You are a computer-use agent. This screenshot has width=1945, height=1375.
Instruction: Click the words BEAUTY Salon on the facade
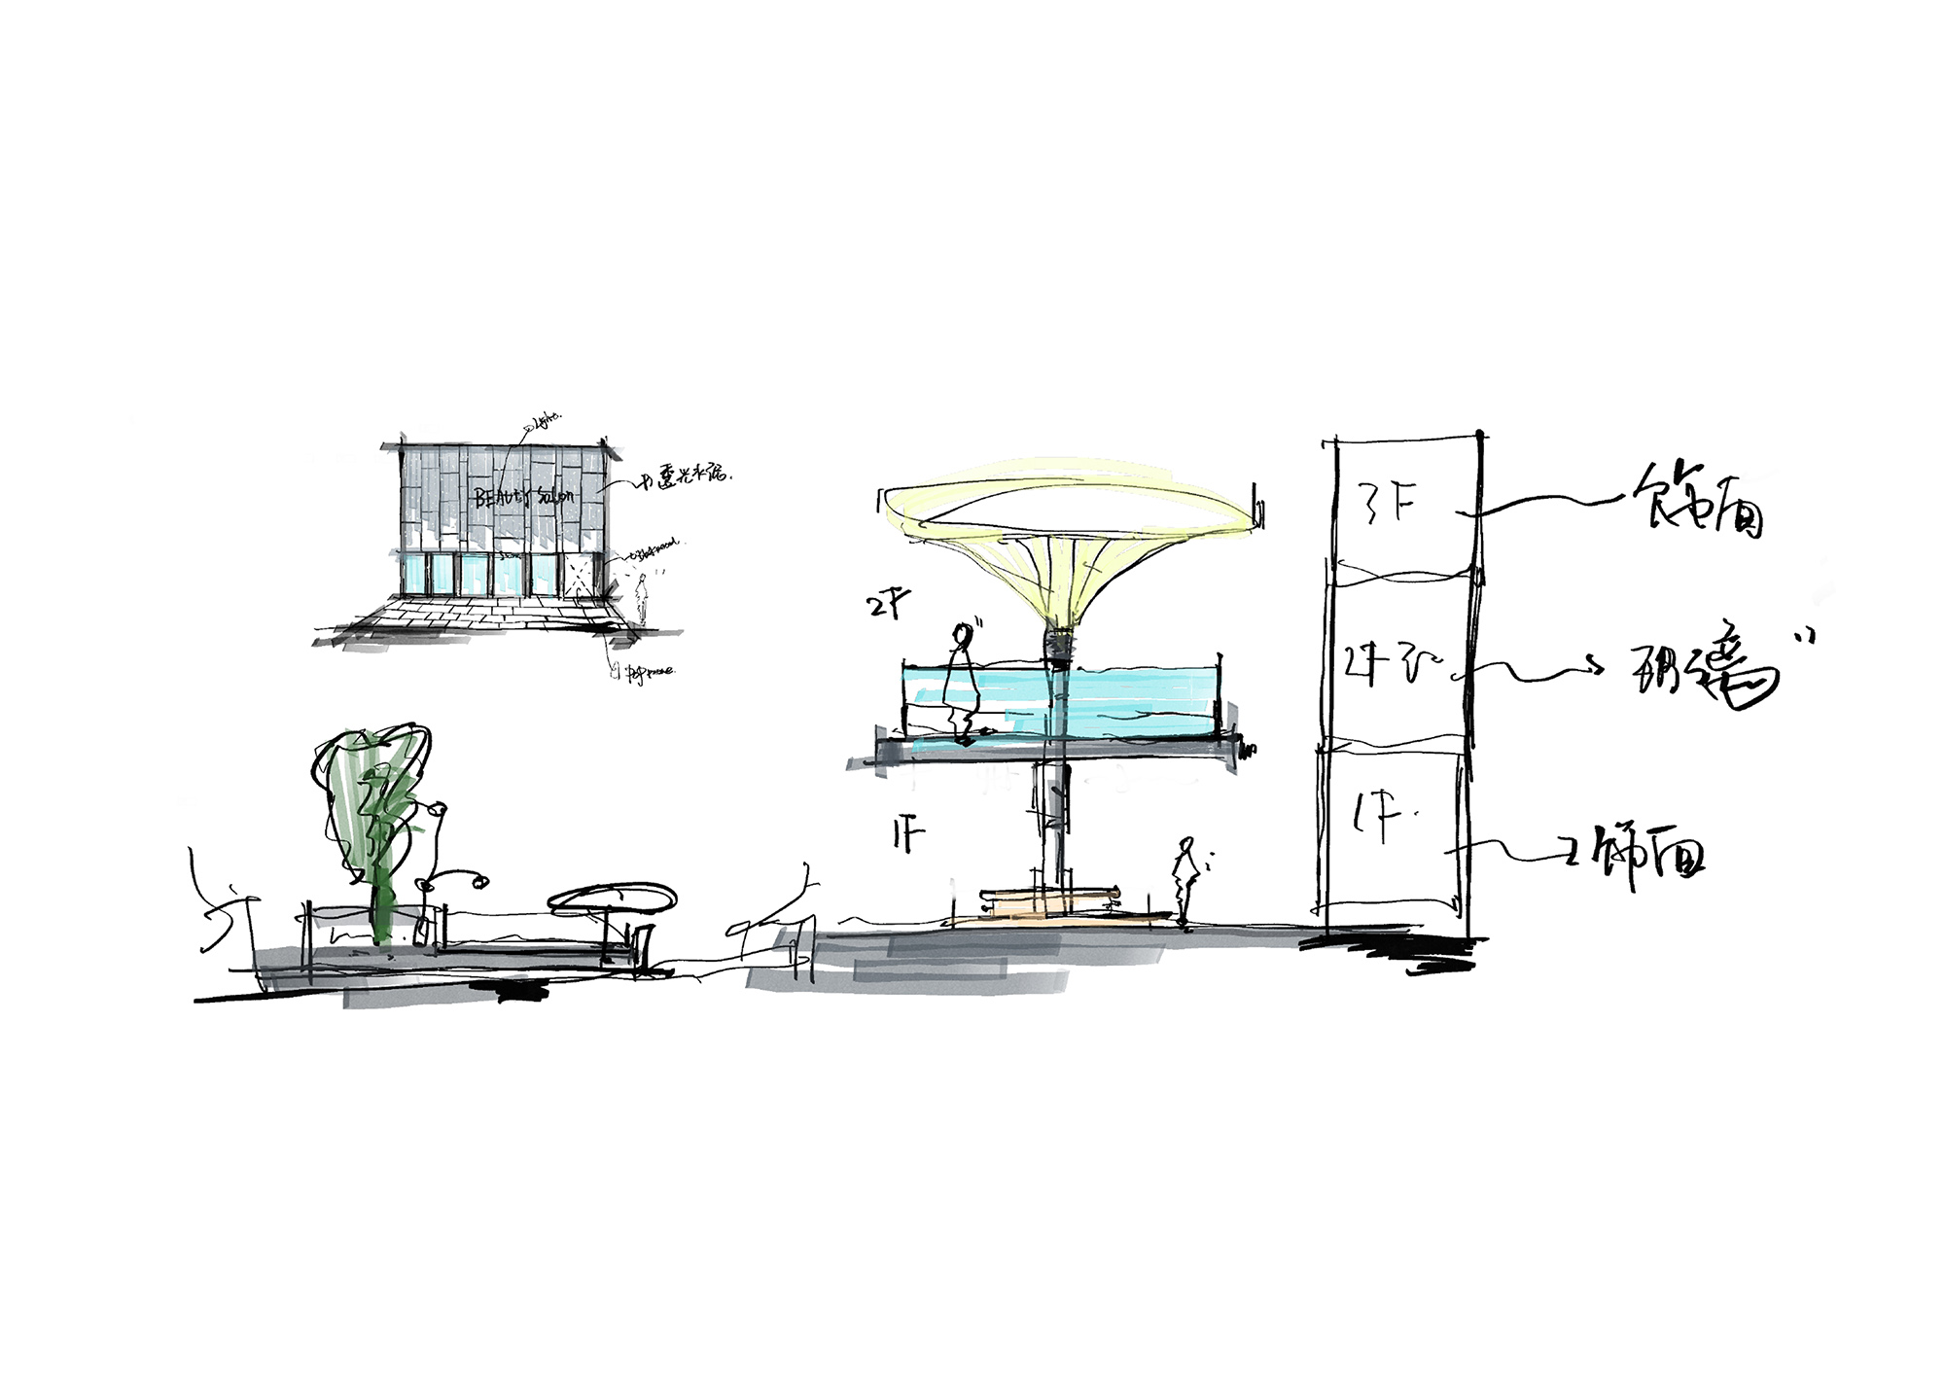[x=523, y=497]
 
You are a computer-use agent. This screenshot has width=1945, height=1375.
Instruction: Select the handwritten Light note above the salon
[x=546, y=421]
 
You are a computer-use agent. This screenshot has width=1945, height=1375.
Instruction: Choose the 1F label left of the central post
[x=907, y=835]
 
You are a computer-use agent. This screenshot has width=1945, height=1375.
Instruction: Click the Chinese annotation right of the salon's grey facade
[x=686, y=477]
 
